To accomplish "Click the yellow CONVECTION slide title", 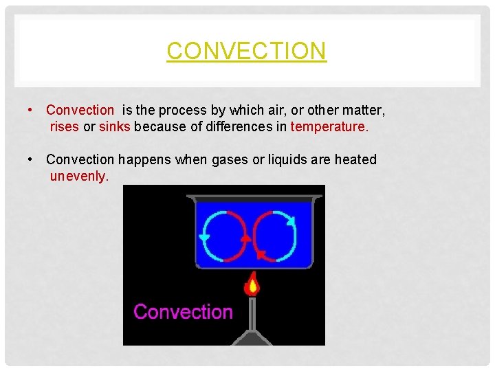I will click(246, 51).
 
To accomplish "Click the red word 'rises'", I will click(65, 126).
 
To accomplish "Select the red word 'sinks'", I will click(115, 126).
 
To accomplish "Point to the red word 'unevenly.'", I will click(79, 177).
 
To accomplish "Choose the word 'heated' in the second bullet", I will click(355, 159).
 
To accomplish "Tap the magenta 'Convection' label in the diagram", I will click(183, 312).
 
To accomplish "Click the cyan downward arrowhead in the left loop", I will click(204, 237).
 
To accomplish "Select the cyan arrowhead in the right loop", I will click(291, 221).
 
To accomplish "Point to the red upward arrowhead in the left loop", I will click(246, 237).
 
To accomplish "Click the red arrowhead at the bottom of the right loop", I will click(262, 255).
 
